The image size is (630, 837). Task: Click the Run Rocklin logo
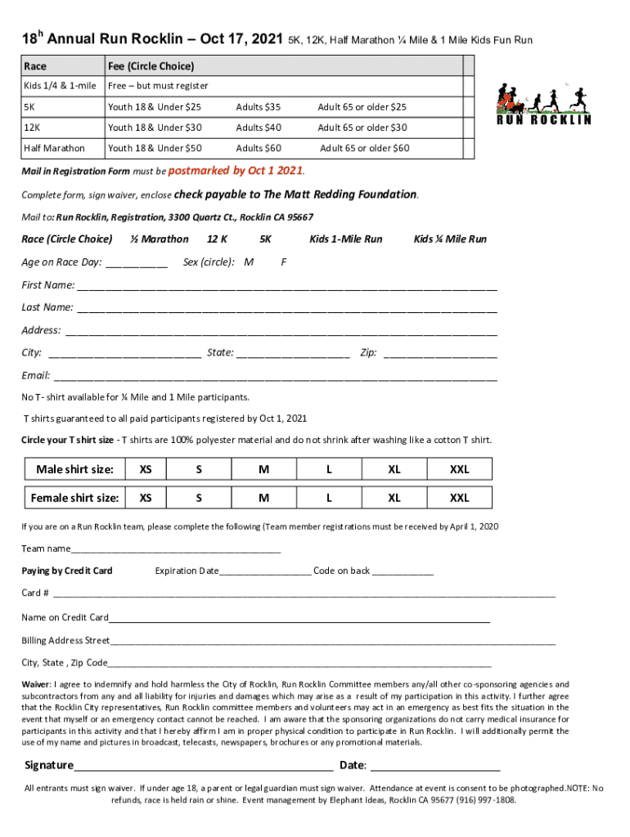543,104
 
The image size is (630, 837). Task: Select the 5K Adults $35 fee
258,107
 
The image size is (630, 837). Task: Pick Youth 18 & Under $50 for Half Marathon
155,148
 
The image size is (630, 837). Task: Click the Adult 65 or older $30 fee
362,128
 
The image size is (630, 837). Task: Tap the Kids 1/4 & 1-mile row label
59,86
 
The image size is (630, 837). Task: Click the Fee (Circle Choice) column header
151,65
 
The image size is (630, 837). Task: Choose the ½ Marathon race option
160,239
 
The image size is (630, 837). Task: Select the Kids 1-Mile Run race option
345,239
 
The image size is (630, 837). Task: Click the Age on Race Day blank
137,262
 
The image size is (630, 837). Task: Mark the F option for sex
283,262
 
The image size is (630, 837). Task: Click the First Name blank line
286,286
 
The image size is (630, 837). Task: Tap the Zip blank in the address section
440,353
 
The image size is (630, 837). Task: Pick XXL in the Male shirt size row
460,469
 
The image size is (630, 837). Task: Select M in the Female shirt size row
264,498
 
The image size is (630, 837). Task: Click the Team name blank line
175,549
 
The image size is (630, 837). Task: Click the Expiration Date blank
265,571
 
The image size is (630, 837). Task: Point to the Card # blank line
304,593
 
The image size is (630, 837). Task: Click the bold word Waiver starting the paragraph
36,684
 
